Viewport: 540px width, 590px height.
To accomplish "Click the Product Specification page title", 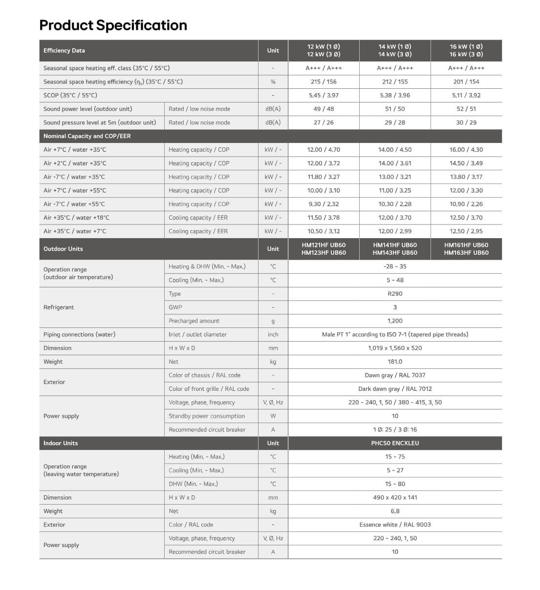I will (113, 25).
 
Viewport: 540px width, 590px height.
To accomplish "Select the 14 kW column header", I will (395, 50).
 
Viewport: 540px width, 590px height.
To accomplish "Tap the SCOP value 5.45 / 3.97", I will (324, 95).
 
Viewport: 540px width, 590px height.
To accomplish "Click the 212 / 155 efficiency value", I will (395, 81).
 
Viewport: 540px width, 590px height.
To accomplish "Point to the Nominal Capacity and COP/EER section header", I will (87, 136).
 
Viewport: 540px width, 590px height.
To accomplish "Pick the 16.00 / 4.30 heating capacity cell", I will (466, 150).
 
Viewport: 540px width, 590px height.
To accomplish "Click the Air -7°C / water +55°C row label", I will (74, 204).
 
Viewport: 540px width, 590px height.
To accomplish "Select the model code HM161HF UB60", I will (466, 245).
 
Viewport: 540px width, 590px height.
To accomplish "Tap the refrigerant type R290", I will (395, 294).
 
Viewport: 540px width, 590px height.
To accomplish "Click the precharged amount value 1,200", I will (395, 321).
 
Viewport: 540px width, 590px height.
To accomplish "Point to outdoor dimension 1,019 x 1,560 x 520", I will (395, 348).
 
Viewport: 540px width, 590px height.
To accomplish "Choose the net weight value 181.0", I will (395, 362).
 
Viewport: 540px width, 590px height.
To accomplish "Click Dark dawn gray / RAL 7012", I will (395, 389).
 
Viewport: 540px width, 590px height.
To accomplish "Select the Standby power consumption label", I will (207, 416).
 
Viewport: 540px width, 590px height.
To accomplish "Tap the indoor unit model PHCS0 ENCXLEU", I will (395, 443).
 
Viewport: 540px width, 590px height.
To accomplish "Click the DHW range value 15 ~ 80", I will (395, 484).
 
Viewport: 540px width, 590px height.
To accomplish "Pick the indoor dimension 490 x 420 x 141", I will (395, 498).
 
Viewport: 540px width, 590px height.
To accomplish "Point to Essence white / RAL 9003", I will (395, 525).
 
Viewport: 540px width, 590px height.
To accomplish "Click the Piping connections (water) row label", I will (79, 334).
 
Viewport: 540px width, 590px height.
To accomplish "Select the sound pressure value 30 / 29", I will (466, 122).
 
